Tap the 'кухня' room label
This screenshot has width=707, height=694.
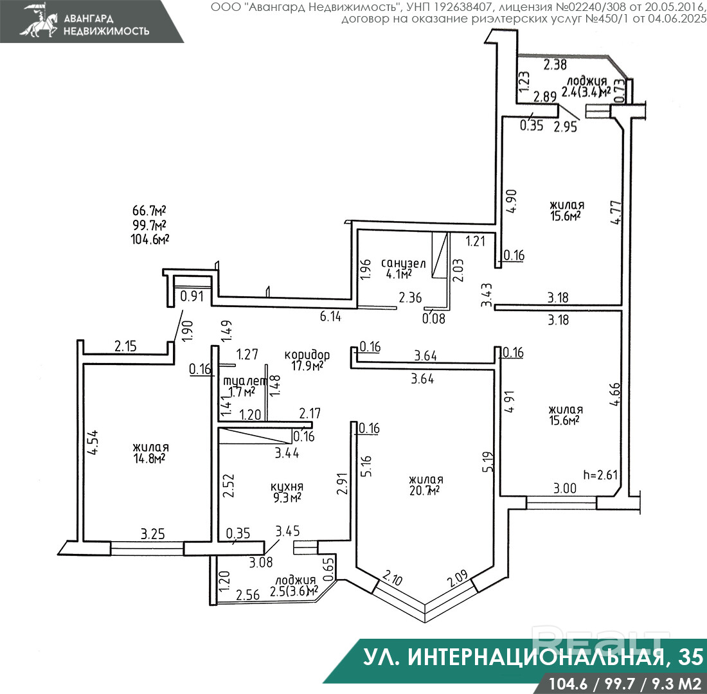[x=287, y=486]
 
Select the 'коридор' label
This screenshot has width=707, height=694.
[x=307, y=355]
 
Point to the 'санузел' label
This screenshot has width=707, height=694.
[x=403, y=263]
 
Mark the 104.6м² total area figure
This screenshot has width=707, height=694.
[x=149, y=239]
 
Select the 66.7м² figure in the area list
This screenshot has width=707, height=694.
[x=149, y=211]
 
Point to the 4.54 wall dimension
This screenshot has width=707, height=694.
[x=92, y=442]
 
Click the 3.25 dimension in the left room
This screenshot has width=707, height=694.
[x=153, y=533]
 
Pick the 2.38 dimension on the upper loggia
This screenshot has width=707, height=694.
[x=555, y=64]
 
